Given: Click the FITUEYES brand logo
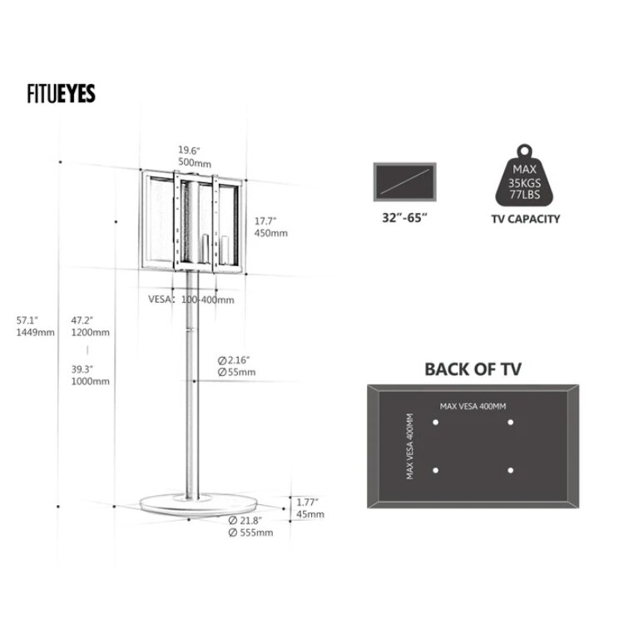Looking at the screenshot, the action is [x=62, y=93].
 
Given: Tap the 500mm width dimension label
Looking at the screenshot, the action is [x=195, y=163].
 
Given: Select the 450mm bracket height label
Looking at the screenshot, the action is [x=271, y=233].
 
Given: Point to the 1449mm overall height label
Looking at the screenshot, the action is [x=36, y=332].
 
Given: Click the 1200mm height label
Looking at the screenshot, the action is [x=91, y=332].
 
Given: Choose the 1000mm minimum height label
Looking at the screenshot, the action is [x=91, y=381].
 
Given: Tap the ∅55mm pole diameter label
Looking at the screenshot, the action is [x=237, y=372].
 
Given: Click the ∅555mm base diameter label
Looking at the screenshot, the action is [x=250, y=532].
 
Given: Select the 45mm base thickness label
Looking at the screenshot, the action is [x=310, y=514].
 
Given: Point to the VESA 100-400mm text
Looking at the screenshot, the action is [x=191, y=300].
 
